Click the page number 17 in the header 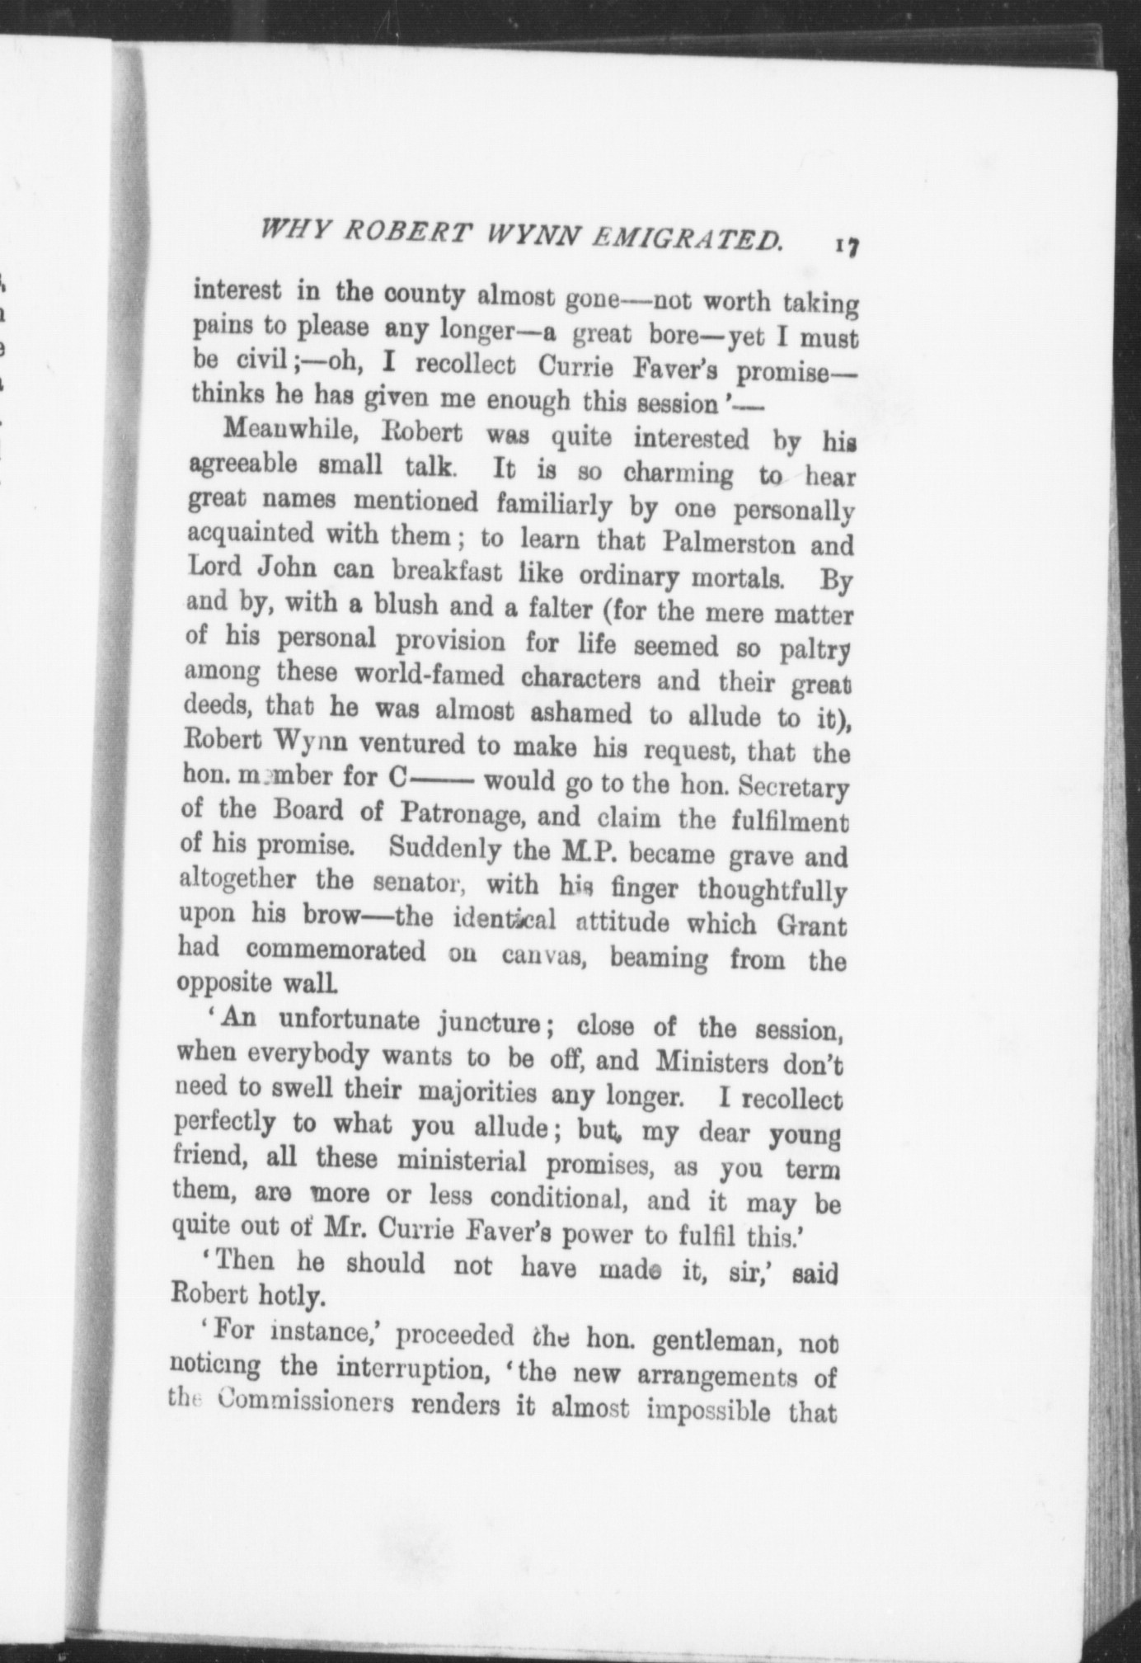(847, 246)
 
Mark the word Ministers (711, 1061)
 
